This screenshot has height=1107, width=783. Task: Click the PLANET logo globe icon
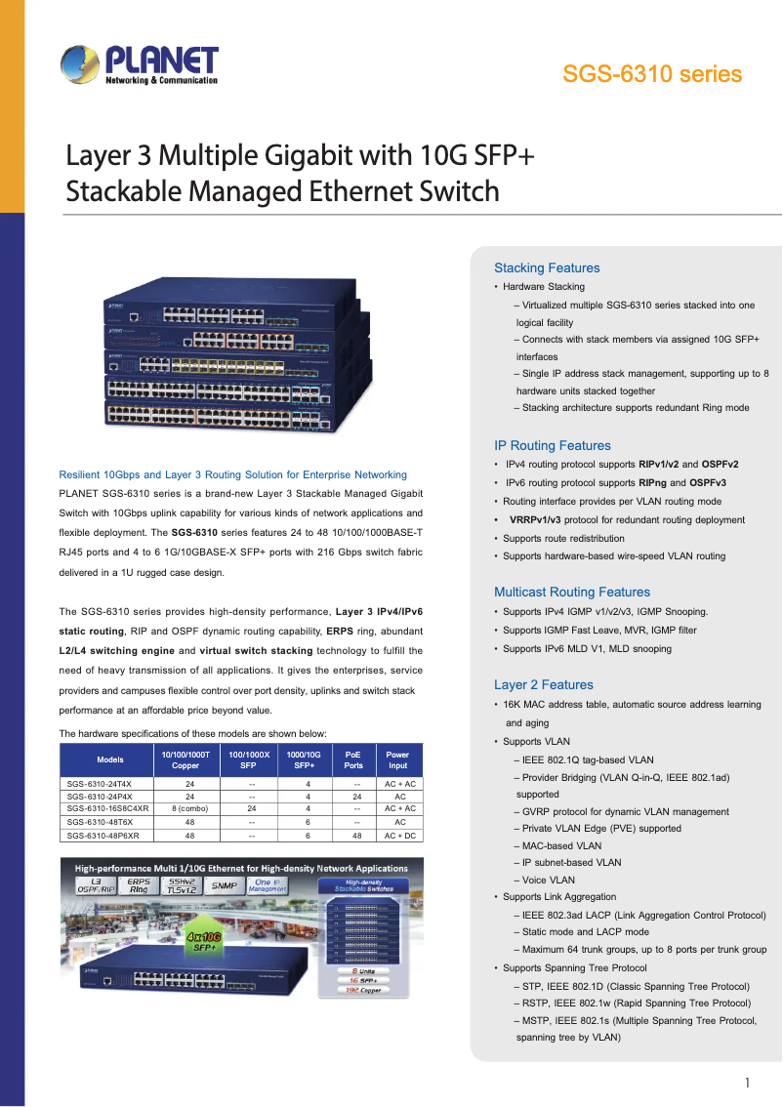point(79,66)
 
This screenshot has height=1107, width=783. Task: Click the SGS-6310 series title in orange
point(651,74)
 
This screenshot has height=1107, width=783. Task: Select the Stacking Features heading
point(547,267)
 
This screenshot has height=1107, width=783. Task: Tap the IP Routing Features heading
point(553,445)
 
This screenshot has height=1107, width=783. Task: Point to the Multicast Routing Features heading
point(572,592)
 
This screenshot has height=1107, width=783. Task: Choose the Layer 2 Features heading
point(544,684)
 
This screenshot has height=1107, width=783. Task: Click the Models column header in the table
point(110,759)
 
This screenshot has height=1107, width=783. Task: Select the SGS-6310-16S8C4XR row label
point(108,808)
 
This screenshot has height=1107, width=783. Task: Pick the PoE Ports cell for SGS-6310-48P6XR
point(353,836)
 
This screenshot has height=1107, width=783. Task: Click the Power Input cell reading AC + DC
point(399,836)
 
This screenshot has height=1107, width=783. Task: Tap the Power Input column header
point(398,759)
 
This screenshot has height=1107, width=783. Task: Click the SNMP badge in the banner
point(226,885)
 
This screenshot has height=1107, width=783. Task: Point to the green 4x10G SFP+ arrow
point(206,941)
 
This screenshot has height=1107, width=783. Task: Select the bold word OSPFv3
point(707,482)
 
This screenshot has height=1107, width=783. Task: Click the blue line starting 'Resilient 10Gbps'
point(233,474)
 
